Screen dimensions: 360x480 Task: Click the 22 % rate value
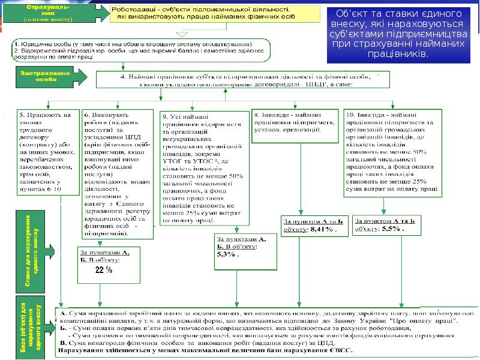(x=104, y=270)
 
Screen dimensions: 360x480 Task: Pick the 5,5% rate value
(x=393, y=229)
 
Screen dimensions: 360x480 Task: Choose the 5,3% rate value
(x=226, y=254)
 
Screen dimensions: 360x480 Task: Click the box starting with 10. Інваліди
(x=393, y=152)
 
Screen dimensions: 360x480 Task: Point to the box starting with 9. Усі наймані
(x=202, y=168)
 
